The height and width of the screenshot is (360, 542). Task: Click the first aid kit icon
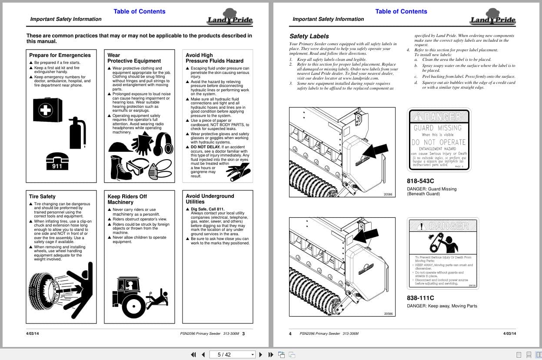click(x=47, y=110)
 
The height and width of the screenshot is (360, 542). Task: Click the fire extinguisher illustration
click(x=78, y=133)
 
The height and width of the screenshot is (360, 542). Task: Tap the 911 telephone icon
click(x=57, y=161)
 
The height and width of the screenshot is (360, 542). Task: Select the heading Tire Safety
click(x=42, y=197)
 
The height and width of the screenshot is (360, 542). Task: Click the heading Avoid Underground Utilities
click(x=209, y=199)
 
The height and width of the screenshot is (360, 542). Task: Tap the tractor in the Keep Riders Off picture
click(x=129, y=297)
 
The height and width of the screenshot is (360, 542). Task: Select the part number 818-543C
click(x=420, y=181)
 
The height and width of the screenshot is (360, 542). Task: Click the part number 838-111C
click(x=420, y=298)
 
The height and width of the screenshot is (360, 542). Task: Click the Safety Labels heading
click(x=309, y=36)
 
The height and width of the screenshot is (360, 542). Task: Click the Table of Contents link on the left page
click(x=139, y=11)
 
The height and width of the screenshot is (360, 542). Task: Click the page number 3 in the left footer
click(x=243, y=334)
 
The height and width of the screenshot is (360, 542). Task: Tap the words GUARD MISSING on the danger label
click(x=437, y=128)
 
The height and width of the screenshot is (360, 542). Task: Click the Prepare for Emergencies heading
click(x=60, y=55)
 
